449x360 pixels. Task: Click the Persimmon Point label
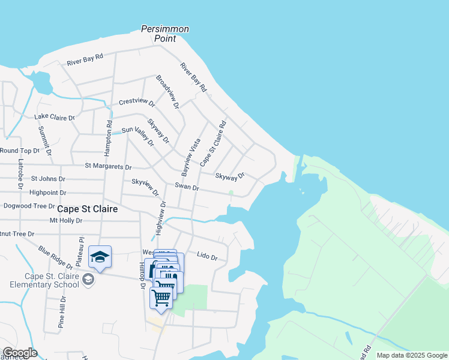(x=165, y=34)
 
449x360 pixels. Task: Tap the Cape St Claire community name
(x=87, y=209)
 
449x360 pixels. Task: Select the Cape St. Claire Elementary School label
(x=52, y=280)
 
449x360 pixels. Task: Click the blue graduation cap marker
(x=100, y=257)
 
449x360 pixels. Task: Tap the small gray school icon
(x=88, y=280)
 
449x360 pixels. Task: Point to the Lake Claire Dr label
(x=55, y=117)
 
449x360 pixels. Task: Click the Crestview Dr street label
(x=137, y=102)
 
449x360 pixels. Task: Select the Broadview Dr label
(x=167, y=92)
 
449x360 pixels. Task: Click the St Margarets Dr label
(x=108, y=166)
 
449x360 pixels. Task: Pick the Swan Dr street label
(x=187, y=187)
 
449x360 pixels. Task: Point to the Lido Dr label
(x=206, y=257)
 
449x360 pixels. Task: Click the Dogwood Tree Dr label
(x=28, y=206)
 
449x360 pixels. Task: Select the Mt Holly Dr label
(x=65, y=220)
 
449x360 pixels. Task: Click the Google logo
(x=20, y=353)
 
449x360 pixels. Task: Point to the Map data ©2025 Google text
(x=412, y=355)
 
